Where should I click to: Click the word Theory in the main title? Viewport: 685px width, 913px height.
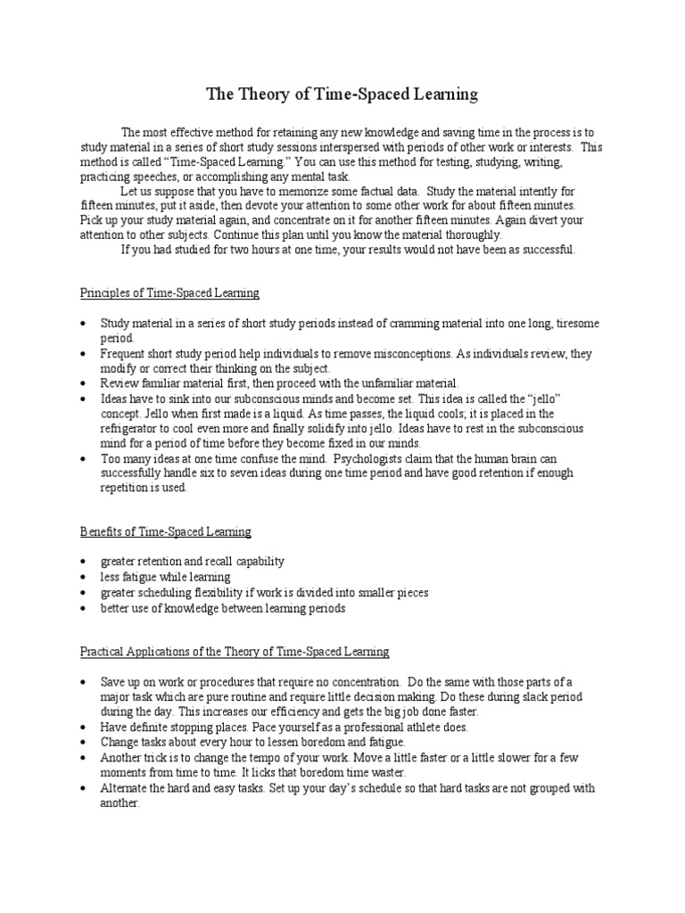(262, 94)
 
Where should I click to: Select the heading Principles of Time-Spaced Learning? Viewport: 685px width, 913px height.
(169, 292)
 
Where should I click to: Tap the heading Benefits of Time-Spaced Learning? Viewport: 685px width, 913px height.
(165, 531)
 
